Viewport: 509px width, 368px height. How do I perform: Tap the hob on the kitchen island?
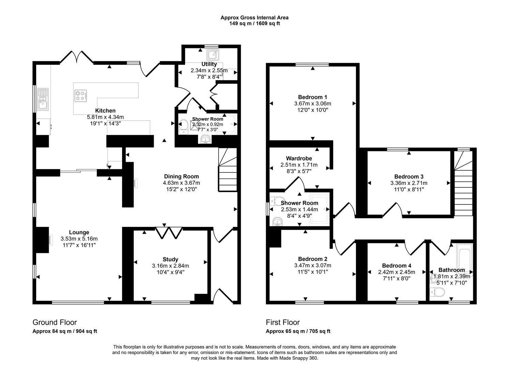tap(80, 95)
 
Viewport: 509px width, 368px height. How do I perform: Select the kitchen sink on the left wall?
tap(43, 99)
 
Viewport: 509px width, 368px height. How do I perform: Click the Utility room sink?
tap(213, 54)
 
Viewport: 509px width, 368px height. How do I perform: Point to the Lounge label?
tap(79, 233)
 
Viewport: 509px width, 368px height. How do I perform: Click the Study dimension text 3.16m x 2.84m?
tap(170, 266)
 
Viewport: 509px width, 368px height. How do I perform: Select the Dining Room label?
tap(181, 177)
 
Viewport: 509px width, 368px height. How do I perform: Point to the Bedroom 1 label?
tap(313, 97)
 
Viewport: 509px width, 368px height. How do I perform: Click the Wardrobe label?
tap(299, 158)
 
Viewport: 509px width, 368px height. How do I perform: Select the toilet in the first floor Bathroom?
tap(437, 292)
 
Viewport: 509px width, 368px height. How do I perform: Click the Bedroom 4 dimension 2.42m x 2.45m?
tap(396, 272)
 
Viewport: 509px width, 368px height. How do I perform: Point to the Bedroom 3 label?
tap(409, 177)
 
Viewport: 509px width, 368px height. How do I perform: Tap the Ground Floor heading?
tap(55, 322)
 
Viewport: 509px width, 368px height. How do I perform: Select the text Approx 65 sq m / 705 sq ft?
tap(298, 331)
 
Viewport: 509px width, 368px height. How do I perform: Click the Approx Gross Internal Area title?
tap(254, 18)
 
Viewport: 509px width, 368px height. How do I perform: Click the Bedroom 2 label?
tap(313, 259)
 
